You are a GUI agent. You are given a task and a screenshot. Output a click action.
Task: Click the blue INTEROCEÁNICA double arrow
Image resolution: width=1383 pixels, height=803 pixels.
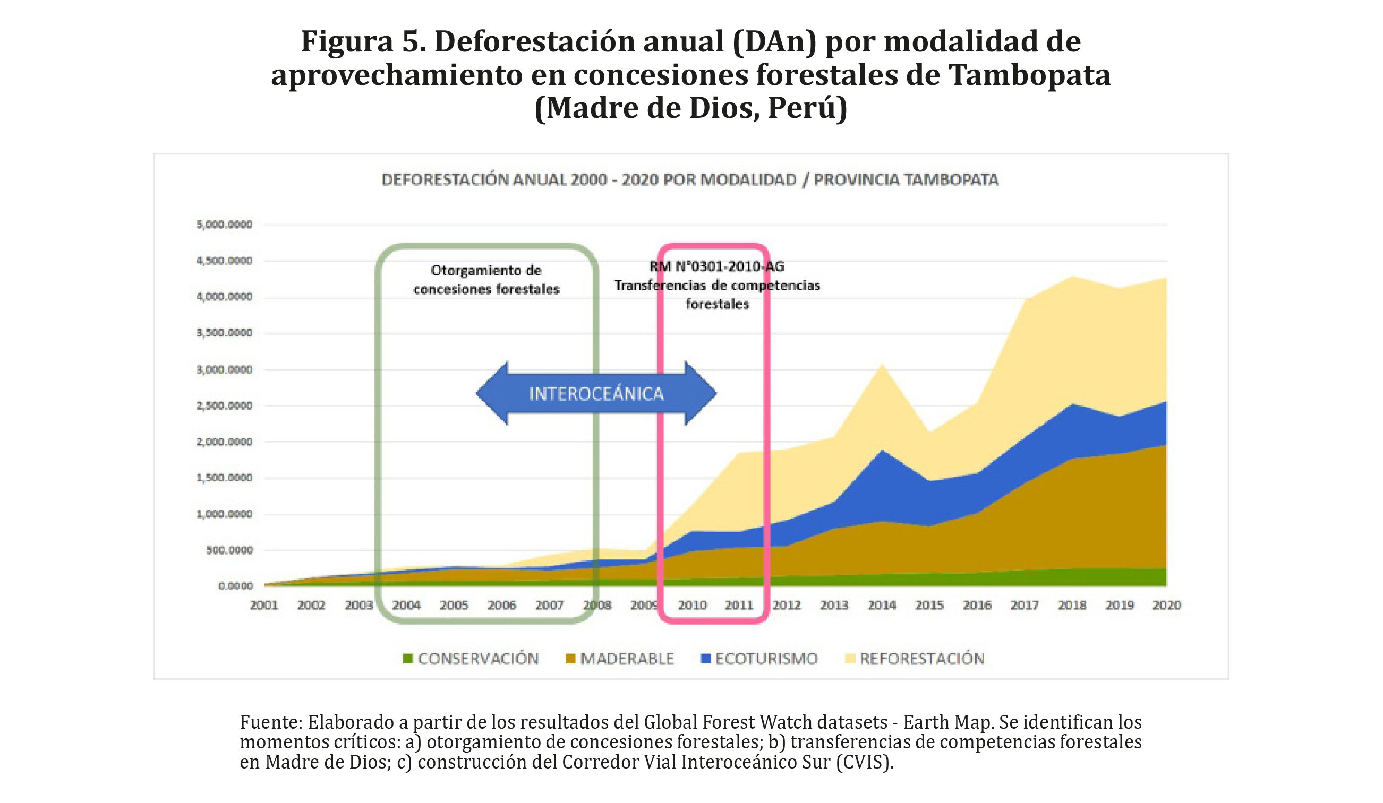click(596, 393)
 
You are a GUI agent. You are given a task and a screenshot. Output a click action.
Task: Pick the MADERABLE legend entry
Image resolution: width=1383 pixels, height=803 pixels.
click(620, 659)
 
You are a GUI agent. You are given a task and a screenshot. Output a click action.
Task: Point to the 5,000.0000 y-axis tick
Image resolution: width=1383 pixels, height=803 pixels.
click(225, 225)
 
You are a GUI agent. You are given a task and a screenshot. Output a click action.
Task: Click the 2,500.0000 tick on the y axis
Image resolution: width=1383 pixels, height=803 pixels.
click(225, 406)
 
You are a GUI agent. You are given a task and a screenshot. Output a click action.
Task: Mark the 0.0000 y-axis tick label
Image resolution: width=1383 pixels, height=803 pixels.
click(235, 586)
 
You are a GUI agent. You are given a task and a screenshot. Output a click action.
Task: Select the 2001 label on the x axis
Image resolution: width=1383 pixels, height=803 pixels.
click(264, 606)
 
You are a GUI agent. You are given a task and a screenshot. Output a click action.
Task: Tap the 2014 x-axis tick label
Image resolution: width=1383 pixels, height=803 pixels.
click(882, 606)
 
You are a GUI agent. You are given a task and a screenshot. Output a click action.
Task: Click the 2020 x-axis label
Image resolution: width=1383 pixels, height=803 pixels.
click(1167, 606)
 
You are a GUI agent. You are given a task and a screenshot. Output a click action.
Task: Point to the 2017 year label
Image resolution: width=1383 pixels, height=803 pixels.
click(1025, 606)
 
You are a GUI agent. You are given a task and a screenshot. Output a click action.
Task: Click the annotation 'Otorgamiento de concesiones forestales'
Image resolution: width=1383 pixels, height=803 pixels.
click(486, 280)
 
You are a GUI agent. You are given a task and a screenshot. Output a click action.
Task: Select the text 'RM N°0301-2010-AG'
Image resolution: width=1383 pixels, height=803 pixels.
click(717, 266)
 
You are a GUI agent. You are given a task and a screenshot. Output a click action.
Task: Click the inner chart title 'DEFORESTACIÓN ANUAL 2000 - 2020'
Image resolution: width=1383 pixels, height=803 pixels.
click(690, 180)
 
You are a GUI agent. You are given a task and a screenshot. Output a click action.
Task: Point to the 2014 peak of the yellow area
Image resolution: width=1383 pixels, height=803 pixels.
click(882, 365)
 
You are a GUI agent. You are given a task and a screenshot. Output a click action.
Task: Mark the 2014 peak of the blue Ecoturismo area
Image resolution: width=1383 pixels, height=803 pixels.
click(882, 452)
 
